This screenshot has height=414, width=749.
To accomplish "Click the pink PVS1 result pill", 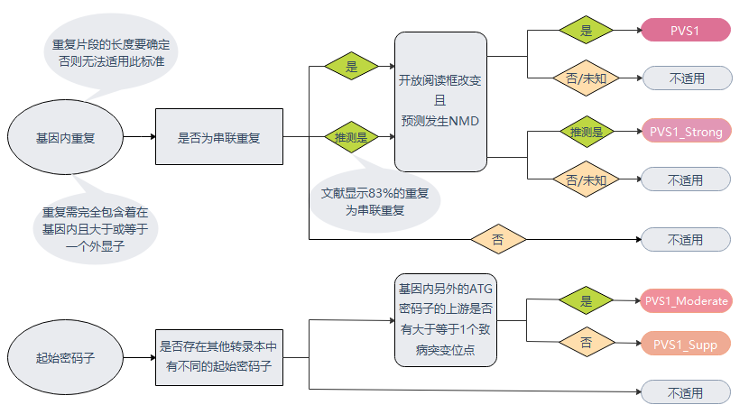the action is (686, 30).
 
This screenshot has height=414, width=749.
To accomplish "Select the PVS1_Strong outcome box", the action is (686, 131).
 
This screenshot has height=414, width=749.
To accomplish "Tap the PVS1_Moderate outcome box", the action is (686, 301).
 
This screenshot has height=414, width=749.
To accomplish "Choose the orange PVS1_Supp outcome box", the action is (686, 344).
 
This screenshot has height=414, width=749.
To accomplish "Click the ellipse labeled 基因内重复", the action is (66, 137).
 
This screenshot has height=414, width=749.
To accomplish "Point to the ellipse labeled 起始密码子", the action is (66, 357).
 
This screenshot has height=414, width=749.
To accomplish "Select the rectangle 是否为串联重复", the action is (219, 136).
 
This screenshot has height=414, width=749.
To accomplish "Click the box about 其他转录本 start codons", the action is (219, 357).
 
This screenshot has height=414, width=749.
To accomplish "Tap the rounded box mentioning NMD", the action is (440, 102).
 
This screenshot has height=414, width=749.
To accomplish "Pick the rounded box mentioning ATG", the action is (446, 320).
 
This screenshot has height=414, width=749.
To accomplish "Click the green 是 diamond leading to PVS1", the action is (586, 30).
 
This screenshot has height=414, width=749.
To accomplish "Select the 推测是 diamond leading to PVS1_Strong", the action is (587, 132).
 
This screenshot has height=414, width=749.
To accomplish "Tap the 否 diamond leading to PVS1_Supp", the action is (587, 343).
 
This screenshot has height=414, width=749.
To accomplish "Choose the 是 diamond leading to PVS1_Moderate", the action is (586, 300).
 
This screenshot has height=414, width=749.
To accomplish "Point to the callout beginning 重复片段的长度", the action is (111, 52).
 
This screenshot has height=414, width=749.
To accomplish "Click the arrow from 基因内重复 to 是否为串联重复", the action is (140, 136).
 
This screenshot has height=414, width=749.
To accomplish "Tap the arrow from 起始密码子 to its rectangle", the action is (140, 357).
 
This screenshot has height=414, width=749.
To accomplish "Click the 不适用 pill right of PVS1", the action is (688, 78).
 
